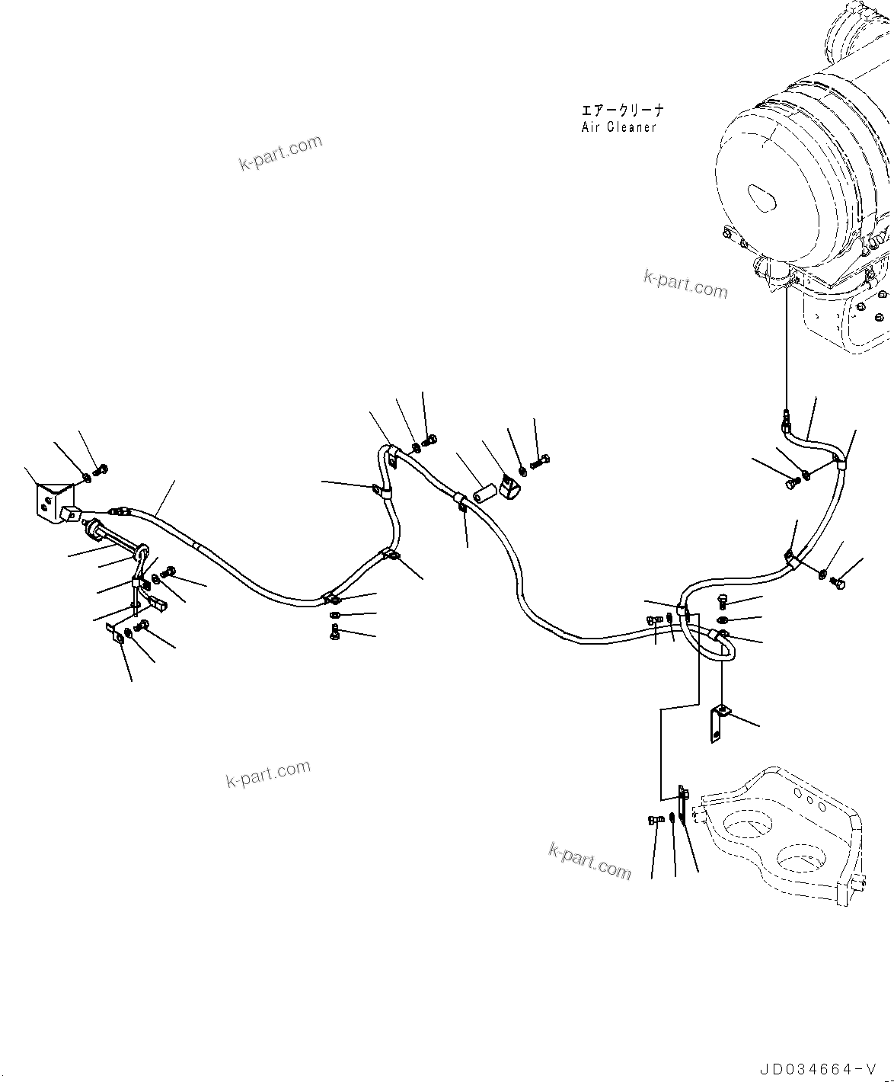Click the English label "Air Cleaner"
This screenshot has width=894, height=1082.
point(618,127)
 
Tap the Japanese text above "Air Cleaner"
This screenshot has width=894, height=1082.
point(621,110)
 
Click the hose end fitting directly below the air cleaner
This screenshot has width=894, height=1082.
point(785,417)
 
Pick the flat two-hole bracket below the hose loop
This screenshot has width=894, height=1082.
point(718,724)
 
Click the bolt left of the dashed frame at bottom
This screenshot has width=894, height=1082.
point(654,820)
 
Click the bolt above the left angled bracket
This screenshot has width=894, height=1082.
point(101,469)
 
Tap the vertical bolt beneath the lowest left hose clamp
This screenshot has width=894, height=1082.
point(335,632)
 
